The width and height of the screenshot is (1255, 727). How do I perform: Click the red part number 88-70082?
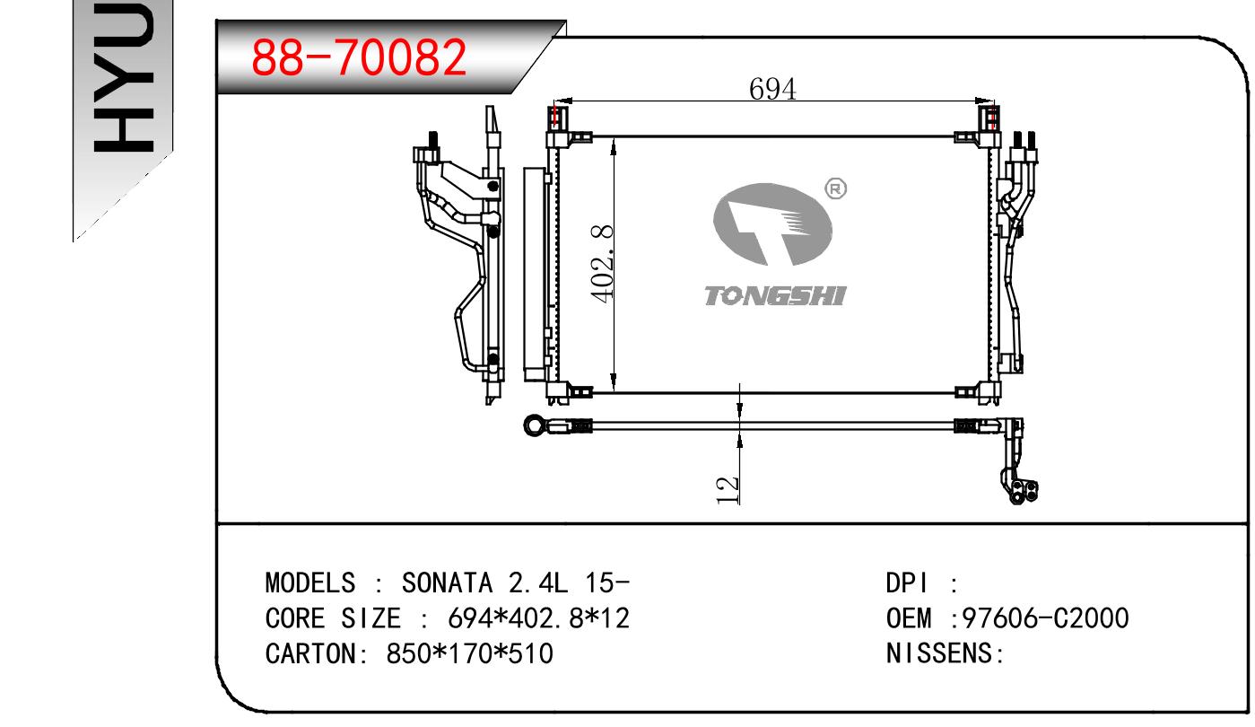(x=359, y=57)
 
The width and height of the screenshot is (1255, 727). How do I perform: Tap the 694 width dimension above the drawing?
(x=772, y=89)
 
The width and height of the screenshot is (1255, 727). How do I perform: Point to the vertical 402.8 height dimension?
(x=602, y=265)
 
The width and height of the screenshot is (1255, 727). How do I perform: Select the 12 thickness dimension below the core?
(x=728, y=490)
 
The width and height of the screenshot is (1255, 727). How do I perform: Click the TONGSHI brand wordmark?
(x=775, y=295)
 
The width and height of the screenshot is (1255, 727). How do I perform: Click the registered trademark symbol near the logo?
(x=835, y=188)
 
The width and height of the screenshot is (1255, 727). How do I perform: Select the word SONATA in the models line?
(x=447, y=582)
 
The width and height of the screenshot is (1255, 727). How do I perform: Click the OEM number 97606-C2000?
(x=1045, y=618)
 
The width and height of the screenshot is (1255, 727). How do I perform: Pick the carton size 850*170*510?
(x=469, y=653)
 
